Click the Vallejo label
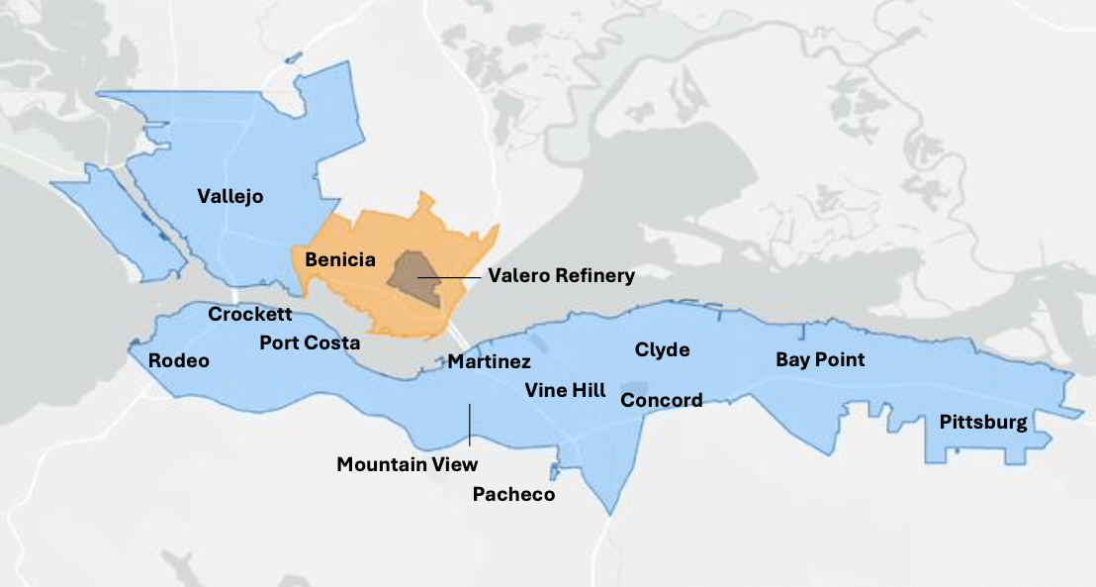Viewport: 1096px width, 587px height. [x=230, y=196]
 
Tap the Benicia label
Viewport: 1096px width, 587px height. [x=340, y=260]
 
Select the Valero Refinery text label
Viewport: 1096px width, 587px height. [x=561, y=275]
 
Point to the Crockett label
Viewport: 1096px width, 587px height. [x=250, y=315]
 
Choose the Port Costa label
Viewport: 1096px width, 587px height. [x=310, y=342]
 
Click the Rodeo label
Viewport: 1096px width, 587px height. [x=179, y=360]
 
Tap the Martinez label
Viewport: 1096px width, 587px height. [x=489, y=362]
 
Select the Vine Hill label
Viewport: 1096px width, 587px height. [x=566, y=390]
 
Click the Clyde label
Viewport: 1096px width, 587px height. [x=662, y=350]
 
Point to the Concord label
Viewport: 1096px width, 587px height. [x=662, y=400]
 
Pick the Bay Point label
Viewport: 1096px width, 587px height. [x=820, y=359]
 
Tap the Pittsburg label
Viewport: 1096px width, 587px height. [x=983, y=423]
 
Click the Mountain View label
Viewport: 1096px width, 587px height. [x=407, y=464]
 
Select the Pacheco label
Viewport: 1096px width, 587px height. [x=513, y=494]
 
